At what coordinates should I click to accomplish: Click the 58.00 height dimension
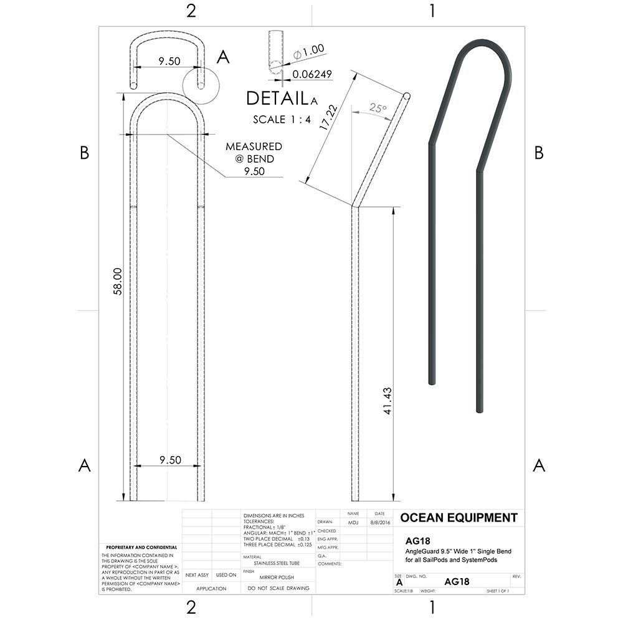(x=117, y=282)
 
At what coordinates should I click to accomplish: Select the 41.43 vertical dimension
(x=387, y=401)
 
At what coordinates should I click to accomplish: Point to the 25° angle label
(x=378, y=108)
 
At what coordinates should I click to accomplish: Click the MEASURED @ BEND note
(x=254, y=152)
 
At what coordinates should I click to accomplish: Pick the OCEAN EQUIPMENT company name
(x=459, y=518)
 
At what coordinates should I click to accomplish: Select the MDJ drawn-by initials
(x=353, y=523)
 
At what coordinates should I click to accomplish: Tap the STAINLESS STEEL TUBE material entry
(x=277, y=563)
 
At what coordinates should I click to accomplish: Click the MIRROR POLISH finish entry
(x=277, y=578)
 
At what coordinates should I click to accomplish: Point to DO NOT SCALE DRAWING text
(x=278, y=588)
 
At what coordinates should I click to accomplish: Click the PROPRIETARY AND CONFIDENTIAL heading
(x=140, y=547)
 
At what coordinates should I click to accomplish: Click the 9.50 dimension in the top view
(x=169, y=61)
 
